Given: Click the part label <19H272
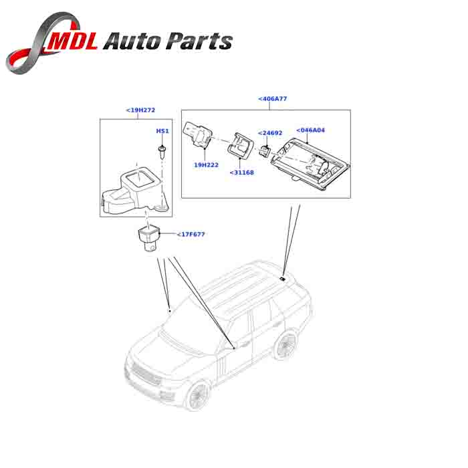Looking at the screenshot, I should [x=140, y=110].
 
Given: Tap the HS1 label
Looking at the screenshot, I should [x=162, y=131].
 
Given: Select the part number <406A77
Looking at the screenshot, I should [x=272, y=99].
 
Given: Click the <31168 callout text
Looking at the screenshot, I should [x=241, y=172].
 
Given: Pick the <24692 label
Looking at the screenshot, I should [x=271, y=132].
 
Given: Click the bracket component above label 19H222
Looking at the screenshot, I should [x=199, y=132].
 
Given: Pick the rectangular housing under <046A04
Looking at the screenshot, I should [x=307, y=159].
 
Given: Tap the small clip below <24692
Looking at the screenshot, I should [x=266, y=148].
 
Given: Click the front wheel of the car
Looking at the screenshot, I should [x=198, y=394].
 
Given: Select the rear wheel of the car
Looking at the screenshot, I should [x=286, y=345].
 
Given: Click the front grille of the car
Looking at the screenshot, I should [x=144, y=375].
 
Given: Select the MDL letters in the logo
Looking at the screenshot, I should [x=74, y=41].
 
